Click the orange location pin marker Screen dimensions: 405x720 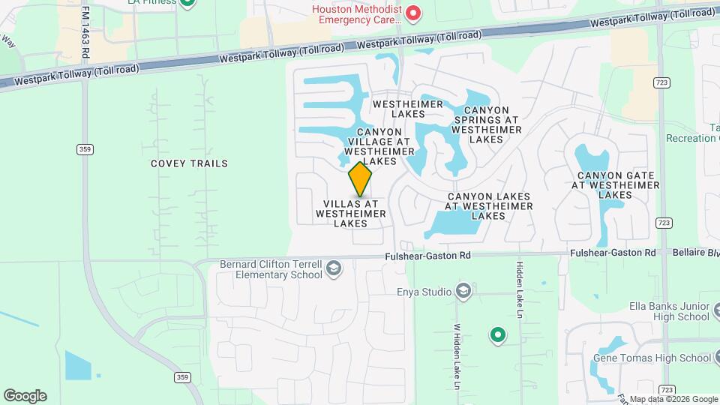pos(360,179)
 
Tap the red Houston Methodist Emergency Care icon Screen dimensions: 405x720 pos(412,13)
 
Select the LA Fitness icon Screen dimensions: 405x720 pos(188,2)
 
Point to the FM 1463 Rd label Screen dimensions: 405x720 pos(85,33)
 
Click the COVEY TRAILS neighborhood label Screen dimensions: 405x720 pos(189,163)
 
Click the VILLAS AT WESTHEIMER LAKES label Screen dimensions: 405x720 pos(351,213)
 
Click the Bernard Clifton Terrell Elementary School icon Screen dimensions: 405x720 pos(334,269)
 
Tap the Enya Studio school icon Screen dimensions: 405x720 pos(463,291)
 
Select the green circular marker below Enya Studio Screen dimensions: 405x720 pos(496,335)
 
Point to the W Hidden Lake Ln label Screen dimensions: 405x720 pos(455,355)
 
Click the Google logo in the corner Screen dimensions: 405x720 pos(25,395)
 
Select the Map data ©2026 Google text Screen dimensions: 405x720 pos(672,399)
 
